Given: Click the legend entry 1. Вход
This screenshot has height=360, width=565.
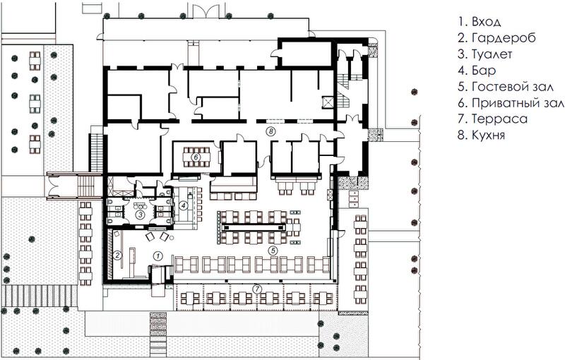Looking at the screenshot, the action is click(480, 22).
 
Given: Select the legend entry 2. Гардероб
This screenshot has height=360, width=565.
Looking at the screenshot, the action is click(497, 38).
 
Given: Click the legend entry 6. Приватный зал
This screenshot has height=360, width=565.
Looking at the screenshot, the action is click(511, 103).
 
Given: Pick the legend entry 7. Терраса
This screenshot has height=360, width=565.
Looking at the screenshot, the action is click(492, 119).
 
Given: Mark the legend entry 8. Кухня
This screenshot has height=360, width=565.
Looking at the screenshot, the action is click(481, 135).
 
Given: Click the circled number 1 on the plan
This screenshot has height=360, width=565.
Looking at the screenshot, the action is click(157, 256).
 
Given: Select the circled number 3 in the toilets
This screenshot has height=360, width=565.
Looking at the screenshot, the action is click(139, 215).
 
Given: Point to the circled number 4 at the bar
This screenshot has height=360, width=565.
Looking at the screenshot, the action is click(184, 205).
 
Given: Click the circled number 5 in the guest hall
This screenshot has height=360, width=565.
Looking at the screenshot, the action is click(273, 250).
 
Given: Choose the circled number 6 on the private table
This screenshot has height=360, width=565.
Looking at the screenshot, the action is click(196, 157).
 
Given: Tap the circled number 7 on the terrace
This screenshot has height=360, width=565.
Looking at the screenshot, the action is click(256, 289).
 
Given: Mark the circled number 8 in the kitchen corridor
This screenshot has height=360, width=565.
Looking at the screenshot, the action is click(270, 131).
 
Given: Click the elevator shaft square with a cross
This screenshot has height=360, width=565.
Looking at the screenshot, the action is click(328, 102).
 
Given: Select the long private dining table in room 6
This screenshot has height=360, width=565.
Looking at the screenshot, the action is click(196, 157).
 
